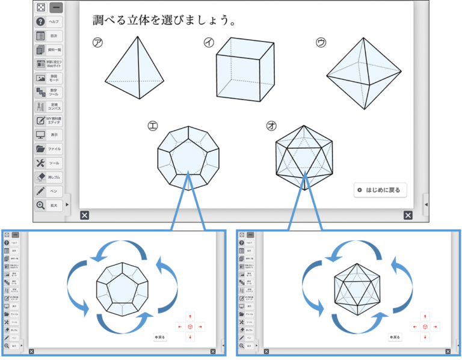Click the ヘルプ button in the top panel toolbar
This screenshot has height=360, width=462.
coord(49,22)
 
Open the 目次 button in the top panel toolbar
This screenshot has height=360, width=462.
coord(49,36)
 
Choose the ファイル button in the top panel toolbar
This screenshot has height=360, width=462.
coord(49,148)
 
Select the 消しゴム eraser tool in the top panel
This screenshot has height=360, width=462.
coord(49,177)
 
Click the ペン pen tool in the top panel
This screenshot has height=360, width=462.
coord(49,191)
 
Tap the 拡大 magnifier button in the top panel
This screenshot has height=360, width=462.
coord(49,206)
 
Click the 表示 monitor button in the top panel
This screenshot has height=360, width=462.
coord(49,135)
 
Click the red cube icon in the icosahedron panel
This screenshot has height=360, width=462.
coord(425,326)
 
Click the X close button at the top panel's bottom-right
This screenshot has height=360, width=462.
coord(408,215)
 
